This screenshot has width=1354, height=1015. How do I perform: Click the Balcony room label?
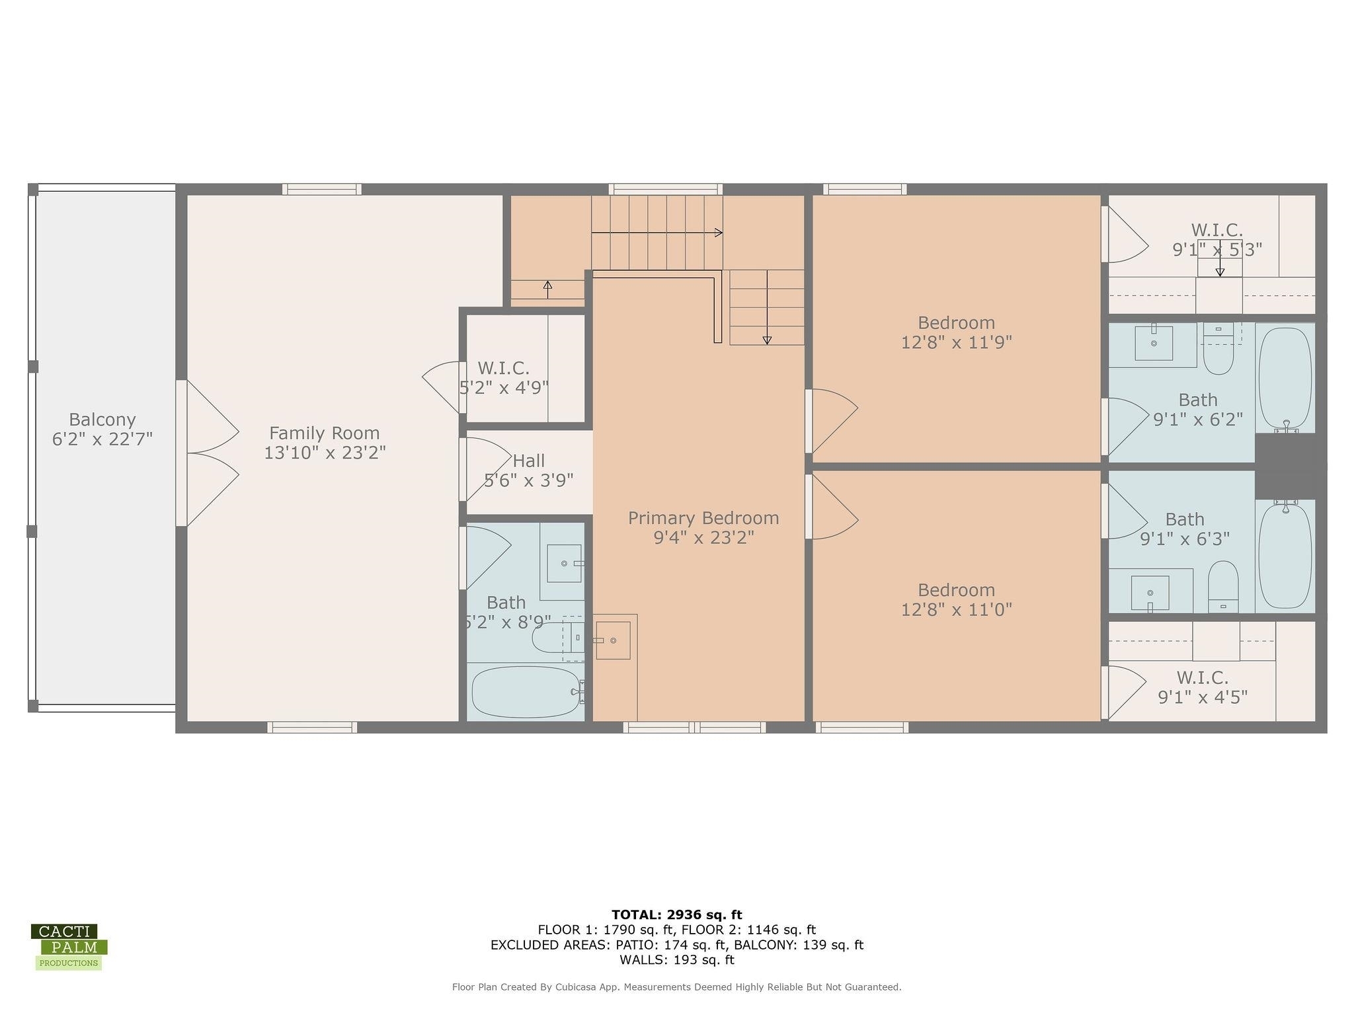pyautogui.click(x=102, y=420)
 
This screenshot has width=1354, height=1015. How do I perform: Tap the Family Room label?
pyautogui.click(x=324, y=433)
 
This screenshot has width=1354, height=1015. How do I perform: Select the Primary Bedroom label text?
pyautogui.click(x=703, y=518)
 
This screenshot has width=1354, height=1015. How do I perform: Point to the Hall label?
pyautogui.click(x=529, y=461)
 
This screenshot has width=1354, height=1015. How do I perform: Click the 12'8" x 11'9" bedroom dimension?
pyautogui.click(x=957, y=342)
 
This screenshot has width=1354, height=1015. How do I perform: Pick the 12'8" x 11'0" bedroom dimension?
pyautogui.click(x=957, y=609)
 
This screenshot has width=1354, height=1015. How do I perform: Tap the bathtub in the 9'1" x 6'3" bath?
pyautogui.click(x=1285, y=554)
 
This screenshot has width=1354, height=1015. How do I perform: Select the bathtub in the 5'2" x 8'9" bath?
pyautogui.click(x=526, y=691)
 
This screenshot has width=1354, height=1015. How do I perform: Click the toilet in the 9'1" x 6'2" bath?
pyautogui.click(x=1218, y=348)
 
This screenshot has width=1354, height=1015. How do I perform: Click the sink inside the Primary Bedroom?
pyautogui.click(x=613, y=640)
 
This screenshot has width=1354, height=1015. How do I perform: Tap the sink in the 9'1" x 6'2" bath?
pyautogui.click(x=1154, y=342)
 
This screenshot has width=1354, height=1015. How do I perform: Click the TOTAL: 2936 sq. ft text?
pyautogui.click(x=677, y=915)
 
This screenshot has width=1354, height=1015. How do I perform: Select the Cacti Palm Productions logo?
pyautogui.click(x=69, y=947)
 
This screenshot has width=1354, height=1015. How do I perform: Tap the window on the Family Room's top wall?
pyautogui.click(x=322, y=189)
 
